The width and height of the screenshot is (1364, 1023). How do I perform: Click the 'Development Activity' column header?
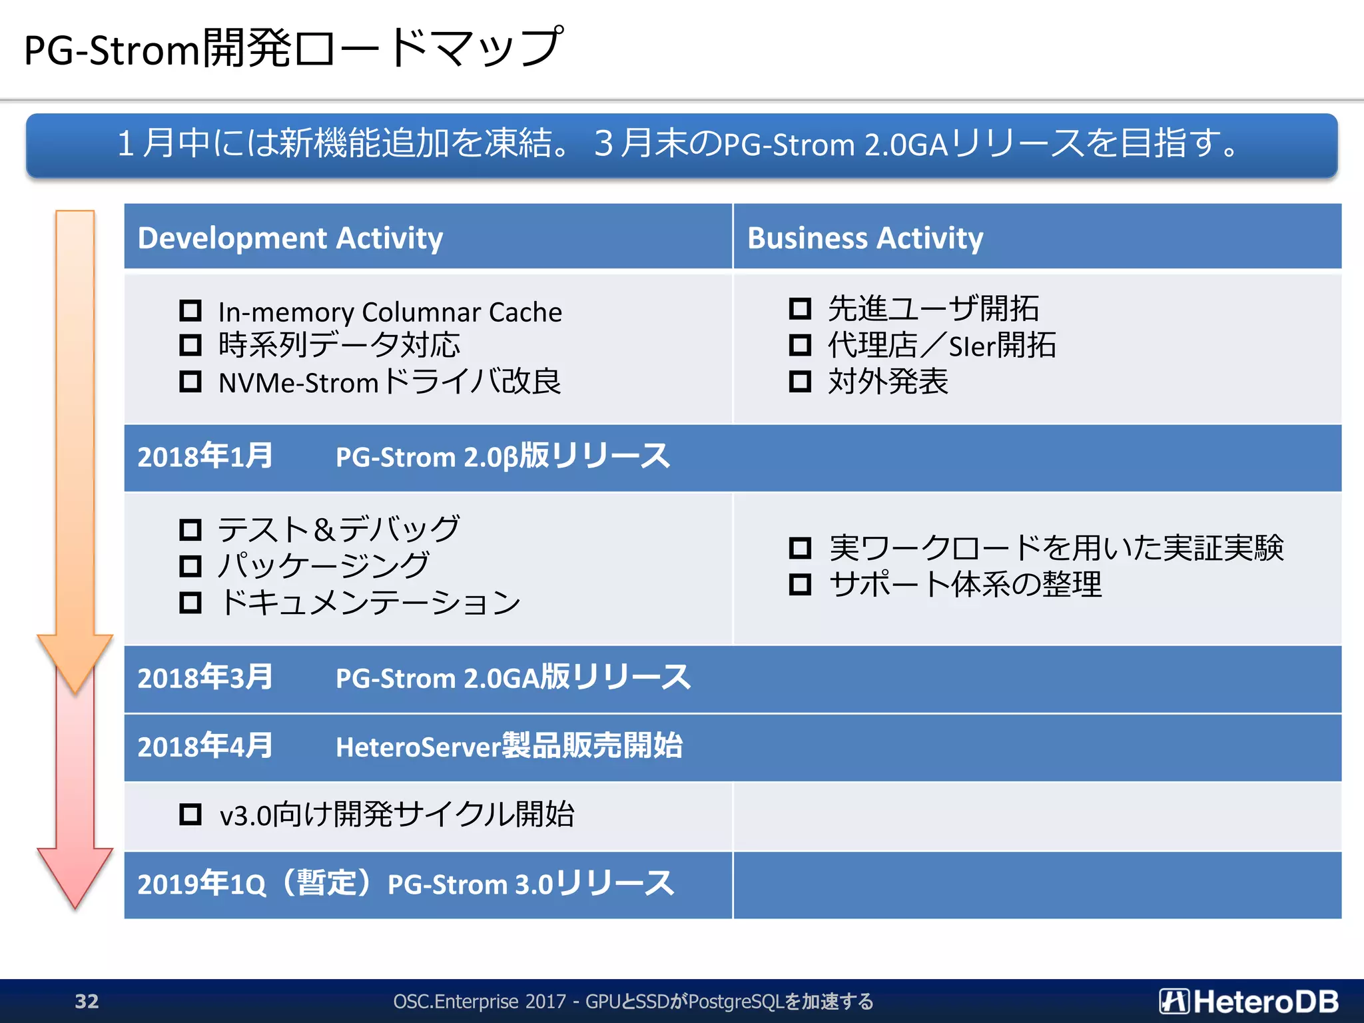pyautogui.click(x=290, y=238)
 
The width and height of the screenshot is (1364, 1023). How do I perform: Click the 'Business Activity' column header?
pyautogui.click(x=865, y=238)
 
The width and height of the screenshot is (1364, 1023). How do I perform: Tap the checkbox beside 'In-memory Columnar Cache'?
pyautogui.click(x=190, y=310)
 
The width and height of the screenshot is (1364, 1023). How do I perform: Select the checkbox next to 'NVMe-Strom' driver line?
pyautogui.click(x=190, y=382)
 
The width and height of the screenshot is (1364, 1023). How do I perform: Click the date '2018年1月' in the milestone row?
pyautogui.click(x=205, y=457)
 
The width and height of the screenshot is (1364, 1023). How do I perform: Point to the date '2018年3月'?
pyautogui.click(x=205, y=678)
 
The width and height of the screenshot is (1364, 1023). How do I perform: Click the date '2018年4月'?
pyautogui.click(x=205, y=747)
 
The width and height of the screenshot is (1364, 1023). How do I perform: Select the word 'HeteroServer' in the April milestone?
pyautogui.click(x=418, y=747)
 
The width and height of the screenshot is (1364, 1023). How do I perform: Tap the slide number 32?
pyautogui.click(x=87, y=1001)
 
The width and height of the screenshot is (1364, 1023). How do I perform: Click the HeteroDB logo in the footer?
pyautogui.click(x=1249, y=1001)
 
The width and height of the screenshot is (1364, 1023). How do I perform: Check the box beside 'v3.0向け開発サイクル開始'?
pyautogui.click(x=190, y=814)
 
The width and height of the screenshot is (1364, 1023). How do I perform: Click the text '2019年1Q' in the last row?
pyautogui.click(x=202, y=884)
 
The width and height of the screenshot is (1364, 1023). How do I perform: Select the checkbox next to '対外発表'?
pyautogui.click(x=800, y=382)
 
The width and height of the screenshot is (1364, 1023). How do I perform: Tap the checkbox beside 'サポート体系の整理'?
pyautogui.click(x=800, y=584)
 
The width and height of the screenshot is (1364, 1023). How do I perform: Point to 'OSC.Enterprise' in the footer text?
pyautogui.click(x=456, y=1001)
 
